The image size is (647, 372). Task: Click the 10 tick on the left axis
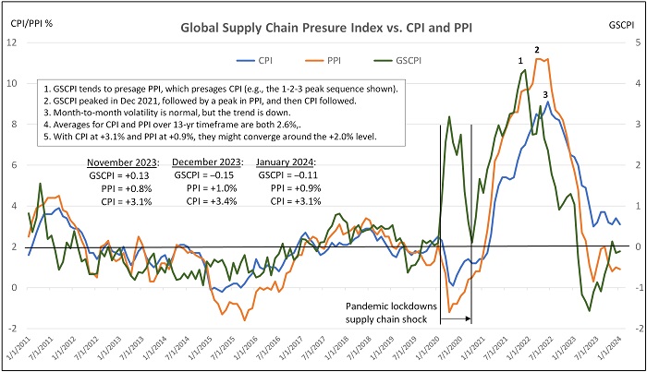(x=18, y=83)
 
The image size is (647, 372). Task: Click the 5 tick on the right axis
(x=629, y=42)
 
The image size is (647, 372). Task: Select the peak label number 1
(x=520, y=61)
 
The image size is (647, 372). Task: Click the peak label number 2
(x=537, y=49)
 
